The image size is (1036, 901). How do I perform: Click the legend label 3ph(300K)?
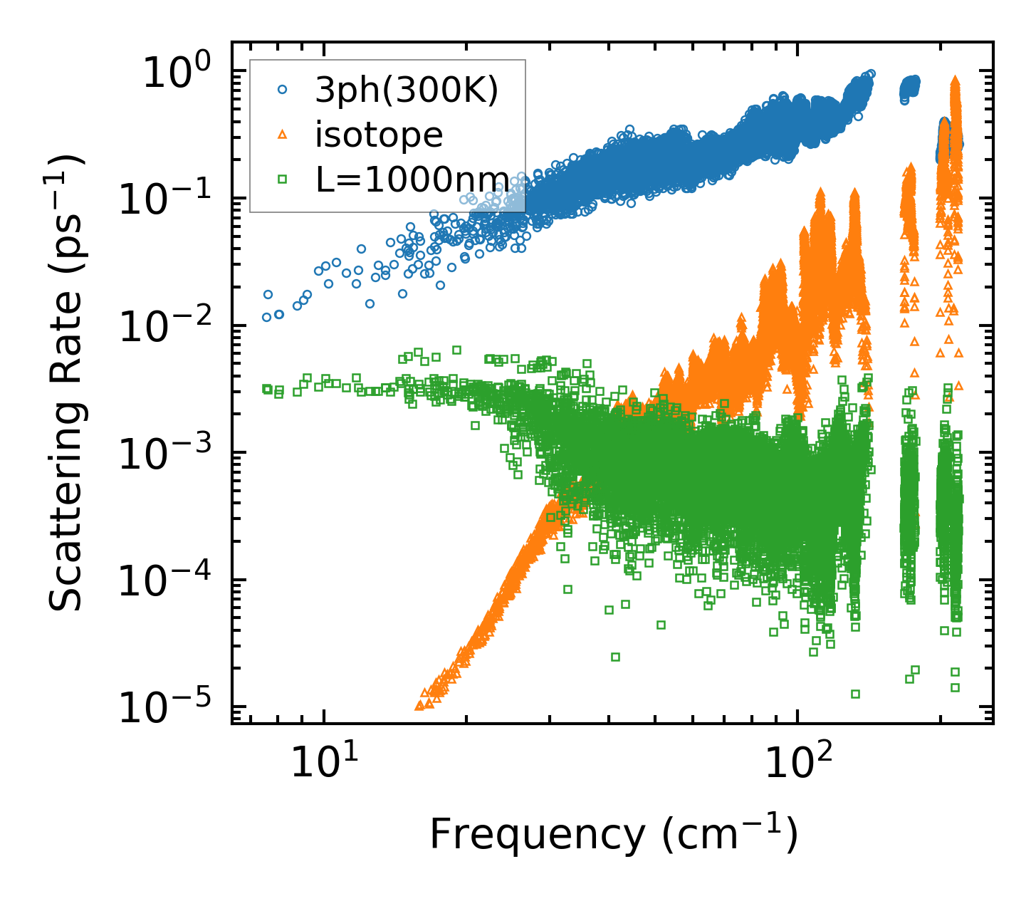pyautogui.click(x=407, y=91)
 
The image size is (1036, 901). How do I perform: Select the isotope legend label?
pyautogui.click(x=379, y=134)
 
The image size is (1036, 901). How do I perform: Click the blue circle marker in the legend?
pyautogui.click(x=283, y=90)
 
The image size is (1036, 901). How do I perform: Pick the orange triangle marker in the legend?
pyautogui.click(x=283, y=134)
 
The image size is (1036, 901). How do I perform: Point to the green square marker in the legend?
pyautogui.click(x=283, y=179)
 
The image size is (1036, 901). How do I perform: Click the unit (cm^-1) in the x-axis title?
pyautogui.click(x=730, y=833)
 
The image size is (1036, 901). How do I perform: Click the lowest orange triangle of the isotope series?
pyautogui.click(x=419, y=706)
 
